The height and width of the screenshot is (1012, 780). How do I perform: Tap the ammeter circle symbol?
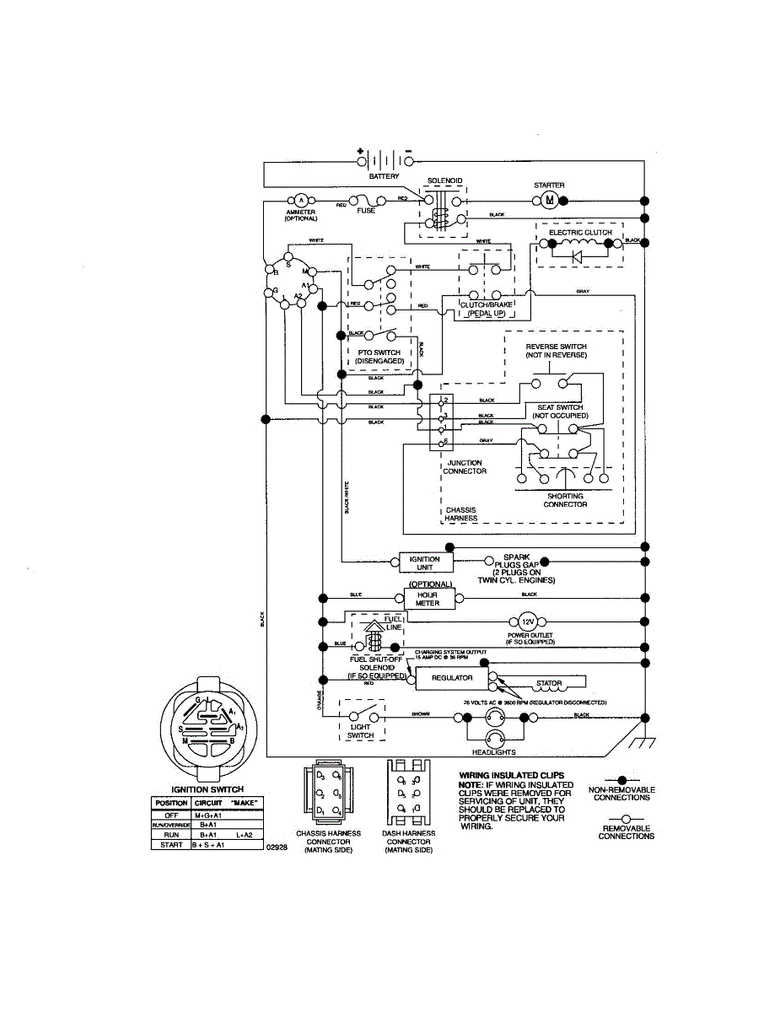coord(300,200)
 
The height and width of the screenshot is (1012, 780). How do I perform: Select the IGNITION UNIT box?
coord(424,563)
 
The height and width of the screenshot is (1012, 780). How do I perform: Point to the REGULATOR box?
coord(452,677)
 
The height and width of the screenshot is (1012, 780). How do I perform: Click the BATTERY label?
coord(384,176)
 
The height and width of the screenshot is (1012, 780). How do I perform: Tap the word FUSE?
coord(365,211)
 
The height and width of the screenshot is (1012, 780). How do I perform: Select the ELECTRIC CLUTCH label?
coord(580,232)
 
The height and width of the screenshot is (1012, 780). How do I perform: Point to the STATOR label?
coord(549,683)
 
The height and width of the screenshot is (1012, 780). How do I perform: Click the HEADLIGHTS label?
coord(493,752)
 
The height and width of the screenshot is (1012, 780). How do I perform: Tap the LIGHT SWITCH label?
coord(361,730)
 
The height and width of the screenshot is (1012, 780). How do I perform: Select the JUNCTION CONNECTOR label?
coord(465,467)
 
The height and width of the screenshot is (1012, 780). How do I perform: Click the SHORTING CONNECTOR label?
coord(565,501)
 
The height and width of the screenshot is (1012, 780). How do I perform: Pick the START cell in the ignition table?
coord(170,843)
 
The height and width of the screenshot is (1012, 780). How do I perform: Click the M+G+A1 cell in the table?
coord(207,816)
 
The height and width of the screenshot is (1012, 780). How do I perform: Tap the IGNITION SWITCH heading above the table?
coord(207,789)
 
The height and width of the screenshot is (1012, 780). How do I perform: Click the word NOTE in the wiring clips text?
coord(469,785)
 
